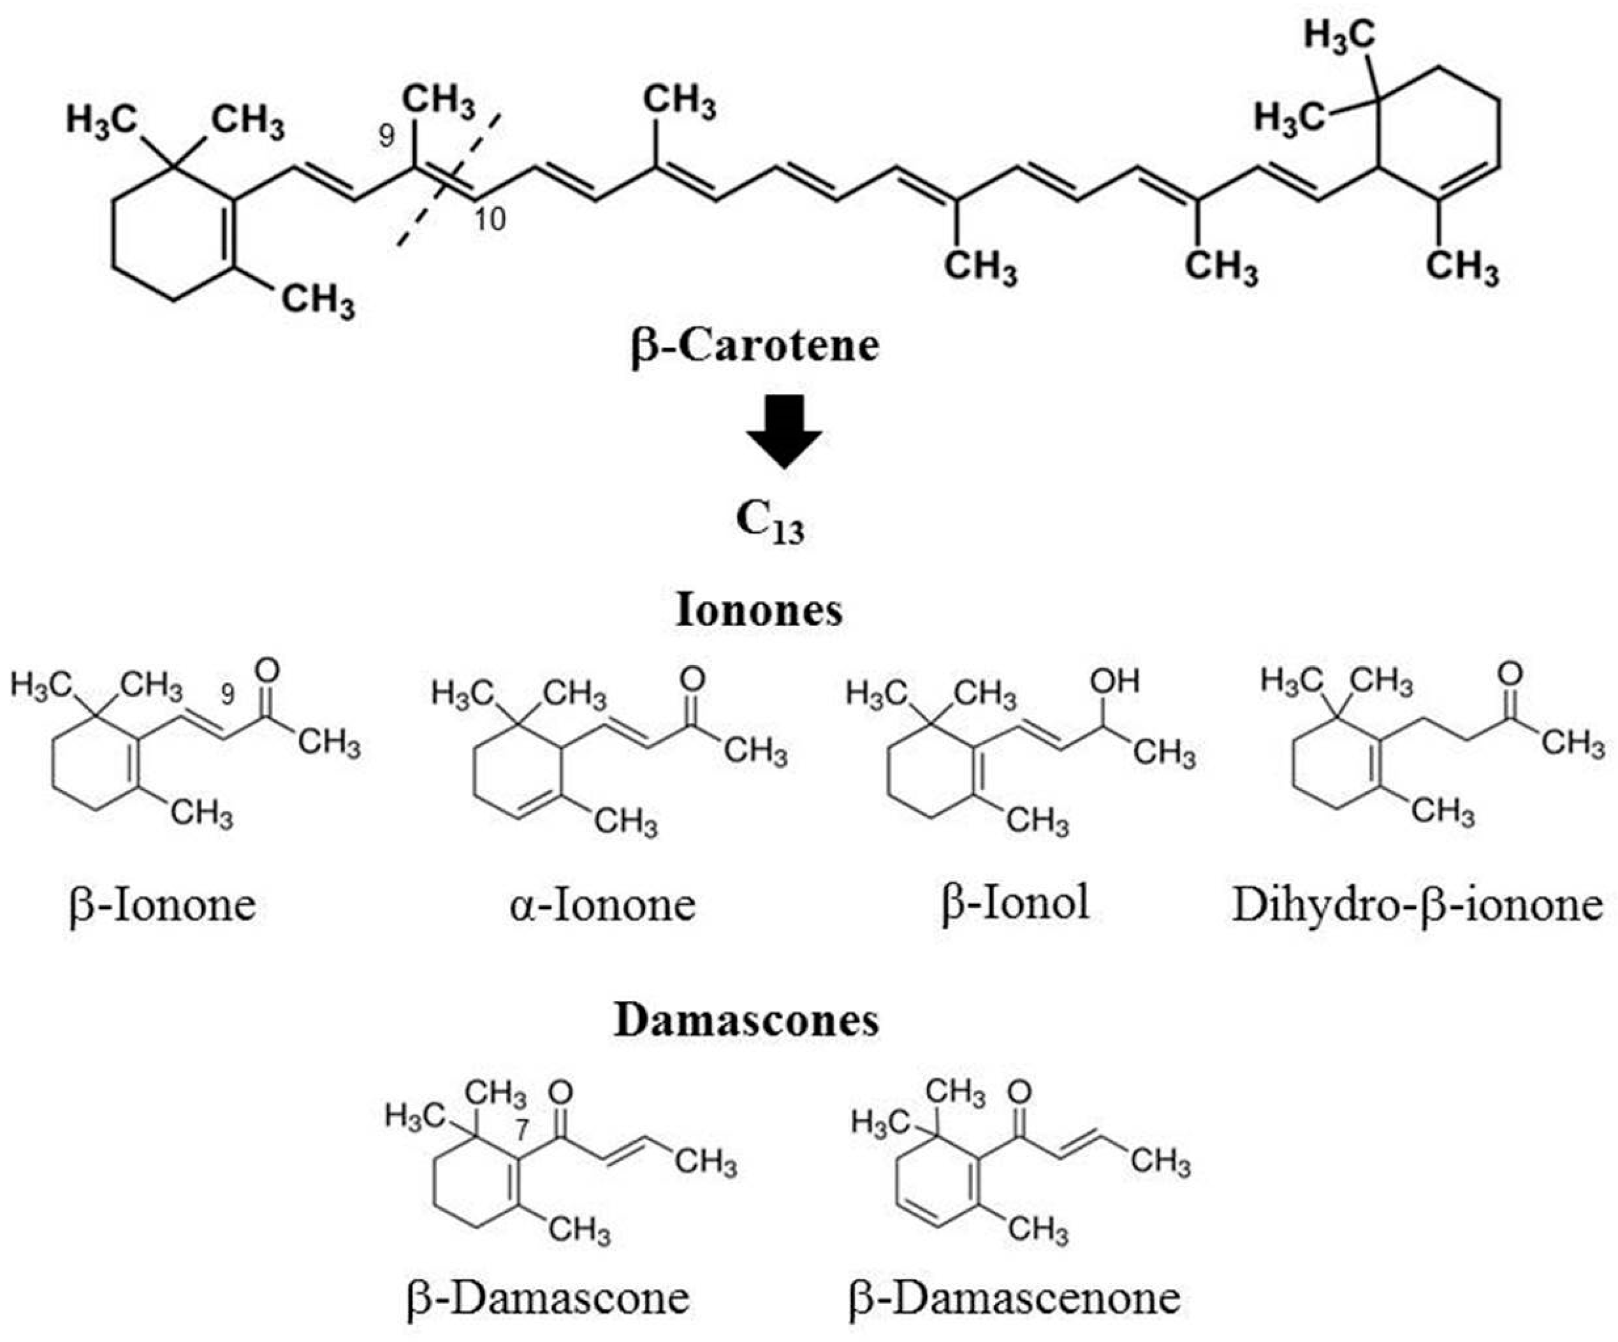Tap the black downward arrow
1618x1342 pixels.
[x=783, y=432]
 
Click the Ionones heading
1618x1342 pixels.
[x=759, y=610]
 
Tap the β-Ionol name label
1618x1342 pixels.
[x=1016, y=902]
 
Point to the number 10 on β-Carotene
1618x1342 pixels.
[x=490, y=219]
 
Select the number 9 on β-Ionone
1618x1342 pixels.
[x=228, y=695]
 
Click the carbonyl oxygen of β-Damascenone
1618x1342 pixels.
[x=1019, y=1091]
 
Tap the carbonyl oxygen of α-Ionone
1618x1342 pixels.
[x=693, y=679]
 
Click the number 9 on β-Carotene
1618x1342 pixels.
[x=386, y=136]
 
